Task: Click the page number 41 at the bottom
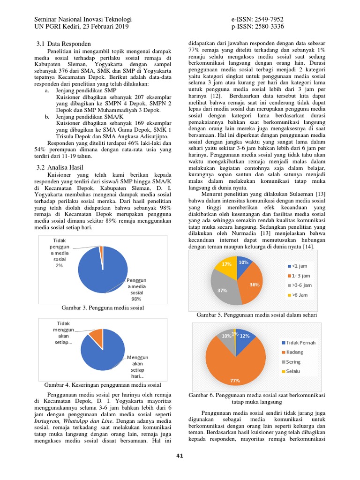point(180,456)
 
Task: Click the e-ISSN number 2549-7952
point(266,19)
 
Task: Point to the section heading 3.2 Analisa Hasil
point(61,167)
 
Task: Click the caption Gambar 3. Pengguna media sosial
point(103,307)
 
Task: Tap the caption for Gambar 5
point(256,315)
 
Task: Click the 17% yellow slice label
point(226,264)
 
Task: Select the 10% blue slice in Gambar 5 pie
point(243,262)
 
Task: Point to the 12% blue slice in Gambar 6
point(244,336)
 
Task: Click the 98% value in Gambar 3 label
point(136,299)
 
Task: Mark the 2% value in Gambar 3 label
point(59,266)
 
